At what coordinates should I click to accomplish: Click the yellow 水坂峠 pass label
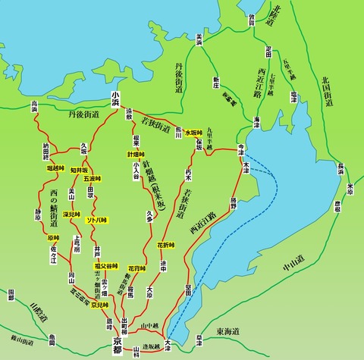(194, 132)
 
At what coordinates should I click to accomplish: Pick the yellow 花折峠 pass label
(166, 245)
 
